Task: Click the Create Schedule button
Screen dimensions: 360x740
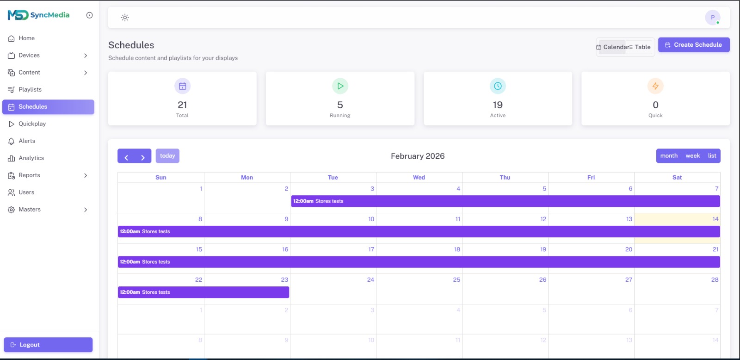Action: (x=693, y=45)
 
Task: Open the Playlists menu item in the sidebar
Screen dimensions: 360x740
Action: (x=30, y=90)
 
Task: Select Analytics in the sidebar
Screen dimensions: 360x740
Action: (x=31, y=158)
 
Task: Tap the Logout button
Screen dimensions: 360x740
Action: (x=48, y=345)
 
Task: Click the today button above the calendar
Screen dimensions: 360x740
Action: (x=167, y=156)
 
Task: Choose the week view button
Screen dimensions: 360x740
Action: (x=692, y=156)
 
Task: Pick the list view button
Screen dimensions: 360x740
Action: (x=712, y=156)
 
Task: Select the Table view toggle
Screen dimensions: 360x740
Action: (x=641, y=47)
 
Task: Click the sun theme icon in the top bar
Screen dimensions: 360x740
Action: (x=125, y=18)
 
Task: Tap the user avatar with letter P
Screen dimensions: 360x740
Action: (x=712, y=18)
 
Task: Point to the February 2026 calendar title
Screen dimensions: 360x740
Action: (x=418, y=156)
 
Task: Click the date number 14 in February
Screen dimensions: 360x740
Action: (x=715, y=219)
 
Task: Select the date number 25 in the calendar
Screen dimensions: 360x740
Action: (x=456, y=280)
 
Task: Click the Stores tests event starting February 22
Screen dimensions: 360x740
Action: (x=203, y=292)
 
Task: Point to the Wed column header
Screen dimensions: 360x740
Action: (x=419, y=178)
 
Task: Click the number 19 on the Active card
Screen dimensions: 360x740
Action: (x=498, y=105)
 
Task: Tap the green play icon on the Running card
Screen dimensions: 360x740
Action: (x=340, y=86)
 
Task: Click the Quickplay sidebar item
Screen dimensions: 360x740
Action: (x=32, y=124)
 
